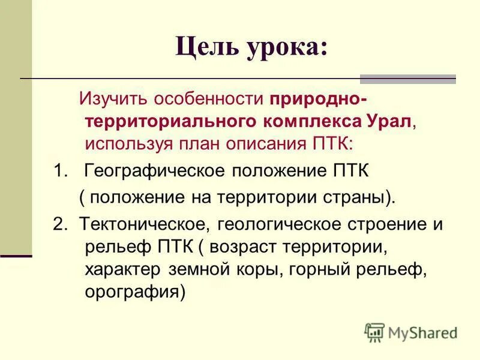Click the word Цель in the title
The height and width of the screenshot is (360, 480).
[206, 46]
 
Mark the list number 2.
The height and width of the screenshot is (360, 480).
[58, 224]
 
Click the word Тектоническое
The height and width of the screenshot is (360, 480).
[144, 224]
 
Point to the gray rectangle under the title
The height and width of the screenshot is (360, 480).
[407, 79]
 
